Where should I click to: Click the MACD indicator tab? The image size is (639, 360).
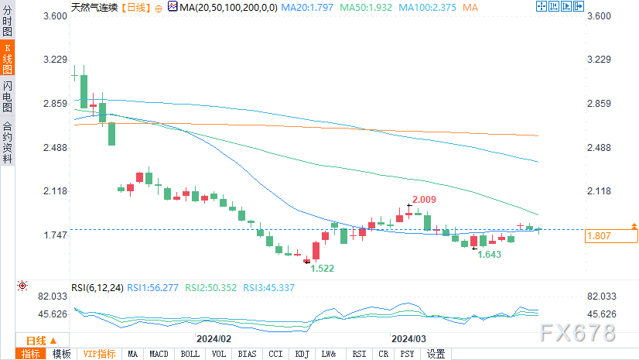(x=159, y=354)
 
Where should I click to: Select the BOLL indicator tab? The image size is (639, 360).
(x=190, y=354)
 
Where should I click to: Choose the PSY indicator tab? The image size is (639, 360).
(x=406, y=354)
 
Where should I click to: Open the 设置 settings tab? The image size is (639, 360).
(x=436, y=354)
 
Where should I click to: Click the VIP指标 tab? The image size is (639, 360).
(x=99, y=354)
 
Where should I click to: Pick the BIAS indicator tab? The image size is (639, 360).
(x=247, y=354)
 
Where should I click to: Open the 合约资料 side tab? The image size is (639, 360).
(x=8, y=142)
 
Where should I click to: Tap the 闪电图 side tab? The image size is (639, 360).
(x=8, y=97)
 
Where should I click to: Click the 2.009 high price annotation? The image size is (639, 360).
(x=425, y=200)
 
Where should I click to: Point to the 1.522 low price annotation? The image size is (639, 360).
(x=323, y=268)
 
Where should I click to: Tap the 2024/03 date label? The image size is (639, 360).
(x=409, y=338)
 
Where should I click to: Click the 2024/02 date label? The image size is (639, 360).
(x=214, y=338)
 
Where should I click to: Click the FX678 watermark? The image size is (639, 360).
(x=579, y=334)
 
